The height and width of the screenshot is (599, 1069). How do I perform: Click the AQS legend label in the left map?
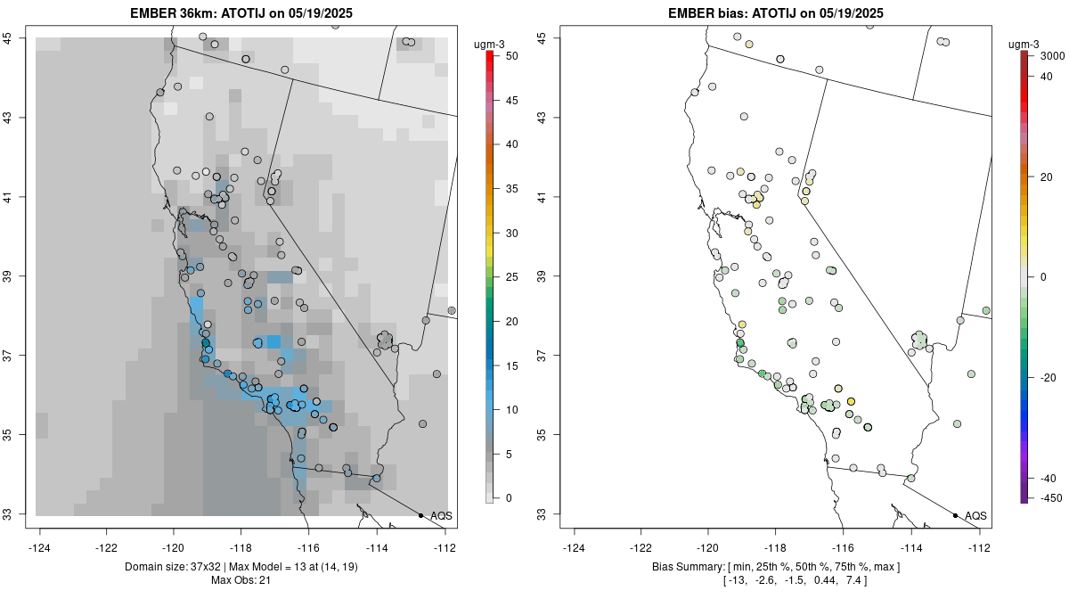pyautogui.click(x=441, y=516)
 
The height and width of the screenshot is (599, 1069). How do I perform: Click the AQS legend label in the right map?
pyautogui.click(x=975, y=516)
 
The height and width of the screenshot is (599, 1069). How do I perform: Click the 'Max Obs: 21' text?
pyautogui.click(x=241, y=581)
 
